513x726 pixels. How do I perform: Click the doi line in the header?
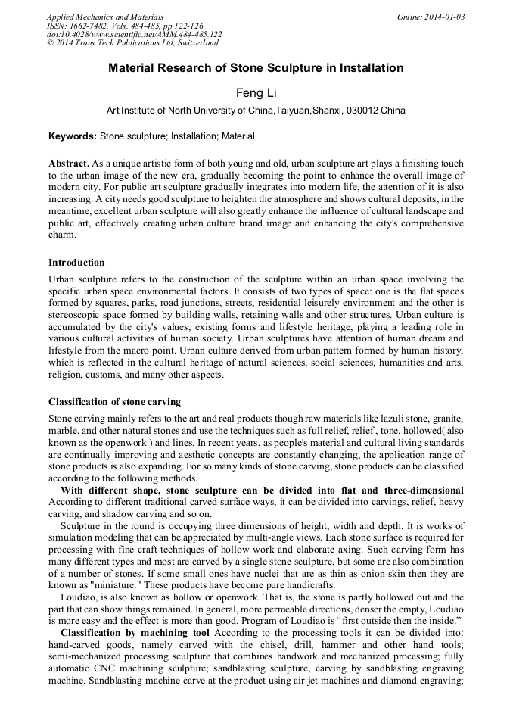point(134,34)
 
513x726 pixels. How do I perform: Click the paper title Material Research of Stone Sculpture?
point(256,68)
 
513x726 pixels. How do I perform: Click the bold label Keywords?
point(73,136)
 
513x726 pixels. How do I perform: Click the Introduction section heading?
point(76,263)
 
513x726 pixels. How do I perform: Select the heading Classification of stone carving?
point(114,401)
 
